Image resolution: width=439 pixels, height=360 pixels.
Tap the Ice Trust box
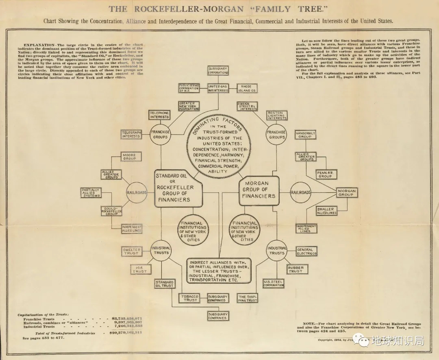(x=141, y=269)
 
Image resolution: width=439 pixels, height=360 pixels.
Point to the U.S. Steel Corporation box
(x=274, y=283)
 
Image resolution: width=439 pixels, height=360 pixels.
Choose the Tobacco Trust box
(x=190, y=298)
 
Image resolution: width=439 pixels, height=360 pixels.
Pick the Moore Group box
(x=130, y=157)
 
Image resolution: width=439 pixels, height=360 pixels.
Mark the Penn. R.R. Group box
(x=325, y=174)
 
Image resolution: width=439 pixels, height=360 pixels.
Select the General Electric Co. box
(x=307, y=252)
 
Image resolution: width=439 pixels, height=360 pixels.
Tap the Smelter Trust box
(x=131, y=251)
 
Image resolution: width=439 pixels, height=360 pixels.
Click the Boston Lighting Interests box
(x=276, y=115)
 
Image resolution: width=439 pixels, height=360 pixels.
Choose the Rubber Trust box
(x=296, y=269)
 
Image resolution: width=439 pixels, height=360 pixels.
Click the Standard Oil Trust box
(x=164, y=284)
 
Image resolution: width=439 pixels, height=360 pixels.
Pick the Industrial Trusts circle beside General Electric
(x=277, y=251)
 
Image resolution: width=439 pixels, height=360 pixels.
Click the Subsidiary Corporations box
(x=218, y=70)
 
